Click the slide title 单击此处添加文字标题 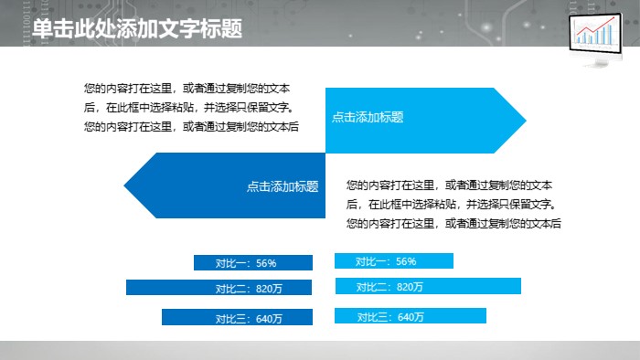tap(137, 29)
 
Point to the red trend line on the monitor tap(594, 35)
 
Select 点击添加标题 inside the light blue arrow tap(368, 117)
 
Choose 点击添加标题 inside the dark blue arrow tap(283, 186)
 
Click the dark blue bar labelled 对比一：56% tap(253, 263)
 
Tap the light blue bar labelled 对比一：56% tap(394, 261)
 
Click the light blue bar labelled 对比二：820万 tap(428, 287)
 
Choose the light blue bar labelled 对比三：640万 tap(411, 316)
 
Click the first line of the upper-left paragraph tap(187, 89)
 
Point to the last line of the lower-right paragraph tap(453, 223)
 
